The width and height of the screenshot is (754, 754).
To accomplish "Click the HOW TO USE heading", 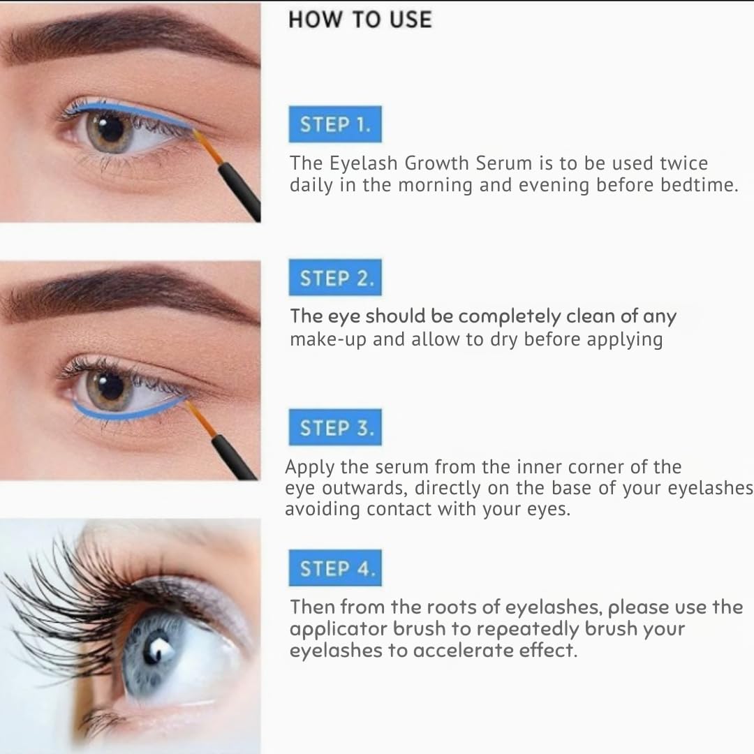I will pyautogui.click(x=360, y=20).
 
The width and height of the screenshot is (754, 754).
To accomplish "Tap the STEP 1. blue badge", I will pyautogui.click(x=335, y=125).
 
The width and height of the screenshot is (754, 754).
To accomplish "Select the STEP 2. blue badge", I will pyautogui.click(x=335, y=279).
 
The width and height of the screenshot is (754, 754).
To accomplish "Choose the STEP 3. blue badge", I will pyautogui.click(x=335, y=428).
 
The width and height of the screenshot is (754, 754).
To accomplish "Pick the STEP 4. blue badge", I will pyautogui.click(x=335, y=568).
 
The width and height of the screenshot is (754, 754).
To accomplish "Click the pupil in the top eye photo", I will pyautogui.click(x=110, y=127).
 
